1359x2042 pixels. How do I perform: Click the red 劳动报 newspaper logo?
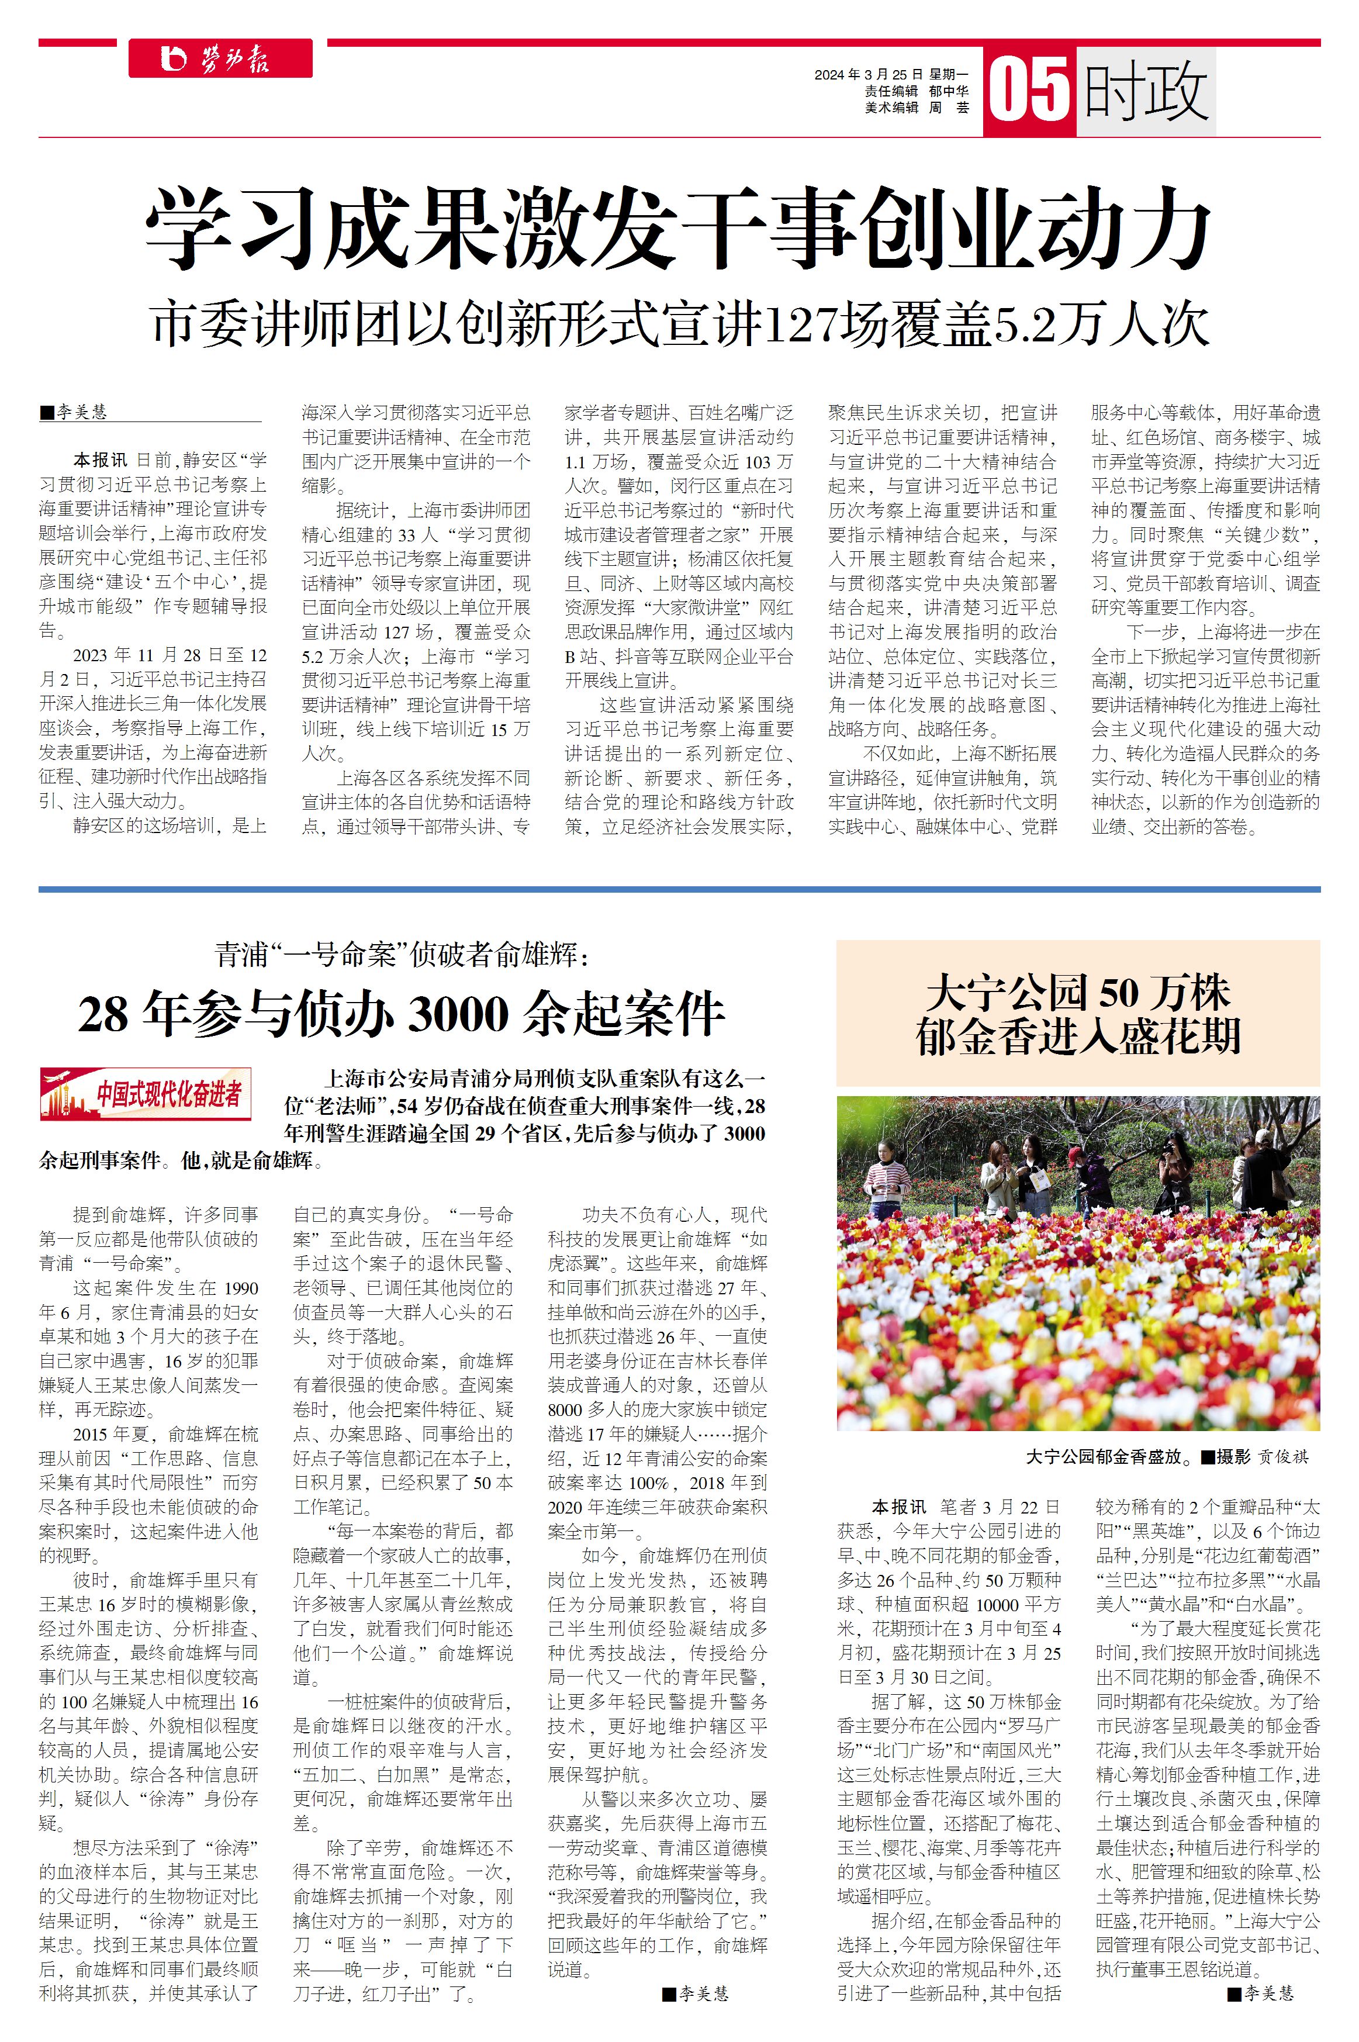tap(220, 59)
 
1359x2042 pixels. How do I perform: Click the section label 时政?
tap(1146, 91)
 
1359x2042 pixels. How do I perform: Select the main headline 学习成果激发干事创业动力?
tap(678, 229)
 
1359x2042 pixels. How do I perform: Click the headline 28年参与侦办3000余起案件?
tap(402, 1014)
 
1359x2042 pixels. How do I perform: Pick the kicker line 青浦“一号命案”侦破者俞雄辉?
tap(402, 956)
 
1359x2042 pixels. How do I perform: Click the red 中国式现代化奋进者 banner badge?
tap(146, 1094)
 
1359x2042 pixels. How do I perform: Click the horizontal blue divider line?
tap(679, 889)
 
